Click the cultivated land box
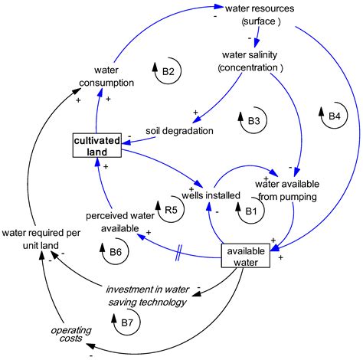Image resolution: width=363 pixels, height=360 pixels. click(96, 146)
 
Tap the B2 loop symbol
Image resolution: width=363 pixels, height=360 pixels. click(168, 72)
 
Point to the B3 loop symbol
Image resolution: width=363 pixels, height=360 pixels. click(253, 120)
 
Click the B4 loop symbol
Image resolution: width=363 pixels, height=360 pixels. click(335, 116)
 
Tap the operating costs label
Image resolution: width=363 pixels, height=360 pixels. click(70, 335)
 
